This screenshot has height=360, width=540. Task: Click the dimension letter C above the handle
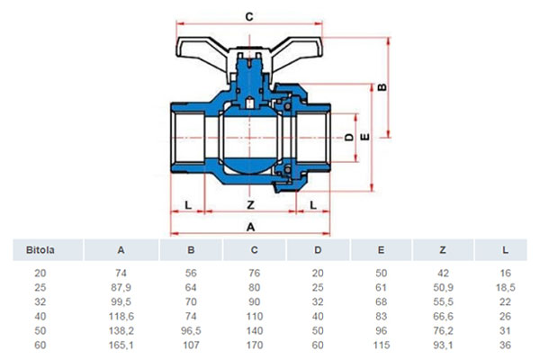coord(249,16)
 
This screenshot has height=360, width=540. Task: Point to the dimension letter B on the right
coord(382,87)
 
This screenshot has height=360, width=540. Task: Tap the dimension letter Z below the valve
coord(251,205)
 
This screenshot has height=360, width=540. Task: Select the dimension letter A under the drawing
coord(251,227)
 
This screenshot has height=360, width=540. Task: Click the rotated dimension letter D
coord(349,137)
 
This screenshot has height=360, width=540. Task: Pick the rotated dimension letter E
coord(364,137)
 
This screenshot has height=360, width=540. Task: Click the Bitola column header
coord(40,250)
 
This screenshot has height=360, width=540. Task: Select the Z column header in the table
coord(443,250)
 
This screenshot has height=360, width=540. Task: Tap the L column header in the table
coord(505,250)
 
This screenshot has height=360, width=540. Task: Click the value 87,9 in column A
coord(121,287)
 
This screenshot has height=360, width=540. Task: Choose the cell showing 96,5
coord(191,330)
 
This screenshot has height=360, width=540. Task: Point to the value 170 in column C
coord(255,345)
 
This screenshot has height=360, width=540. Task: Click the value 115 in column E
coord(382,345)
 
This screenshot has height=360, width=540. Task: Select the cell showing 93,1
coord(443,345)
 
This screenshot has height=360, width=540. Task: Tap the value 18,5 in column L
coord(505,287)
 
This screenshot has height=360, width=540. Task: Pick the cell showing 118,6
coord(121,316)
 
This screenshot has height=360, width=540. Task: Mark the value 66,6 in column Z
coord(443,316)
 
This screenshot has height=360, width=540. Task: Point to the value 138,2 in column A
coord(121,330)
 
